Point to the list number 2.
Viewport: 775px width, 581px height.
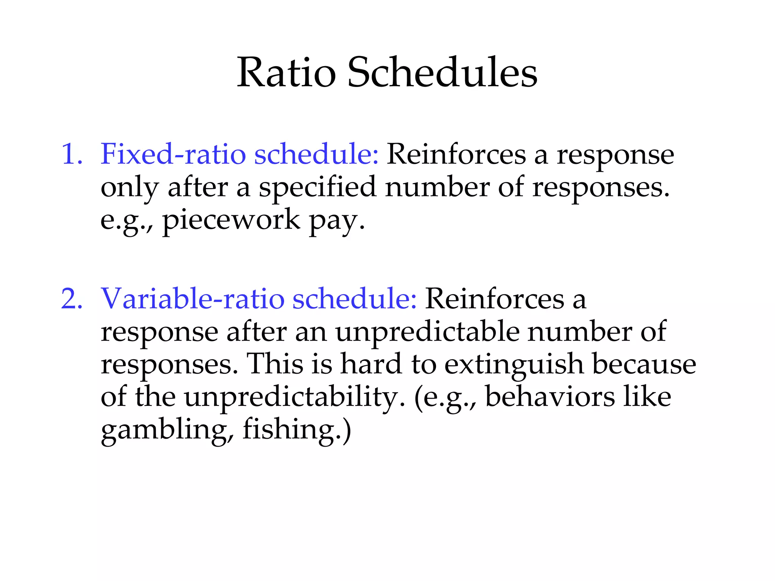(71, 298)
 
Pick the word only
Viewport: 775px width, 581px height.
(129, 188)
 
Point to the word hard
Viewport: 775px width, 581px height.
(371, 364)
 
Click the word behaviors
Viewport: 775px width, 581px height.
(550, 397)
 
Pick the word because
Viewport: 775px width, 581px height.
(644, 364)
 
